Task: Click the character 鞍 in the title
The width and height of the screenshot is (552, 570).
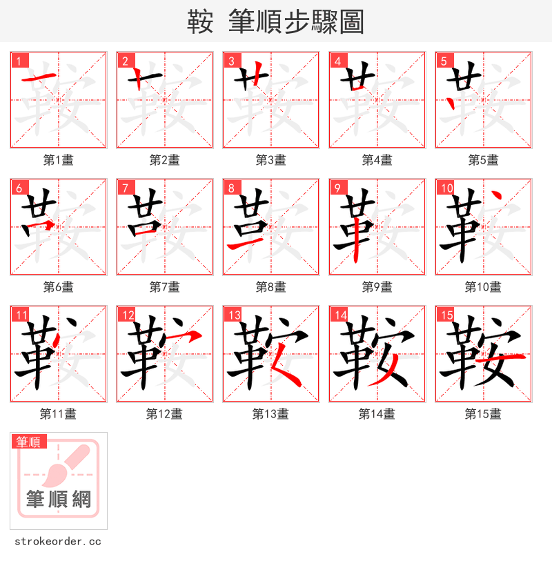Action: pos(200,22)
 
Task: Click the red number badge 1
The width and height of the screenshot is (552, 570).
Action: pos(19,61)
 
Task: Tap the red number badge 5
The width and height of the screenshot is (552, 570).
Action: pos(444,61)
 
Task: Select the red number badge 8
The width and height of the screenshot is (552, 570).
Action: pos(231,188)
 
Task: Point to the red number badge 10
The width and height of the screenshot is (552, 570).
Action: pos(446,188)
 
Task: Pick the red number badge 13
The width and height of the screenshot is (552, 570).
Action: pos(234,315)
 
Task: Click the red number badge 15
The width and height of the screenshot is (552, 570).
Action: pos(446,315)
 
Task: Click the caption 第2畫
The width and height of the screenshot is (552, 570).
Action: pos(164,160)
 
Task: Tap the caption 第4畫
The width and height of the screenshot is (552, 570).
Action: pos(377,160)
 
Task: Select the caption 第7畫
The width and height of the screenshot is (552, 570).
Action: pos(164,287)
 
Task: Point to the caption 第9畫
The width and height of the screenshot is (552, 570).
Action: pos(377,287)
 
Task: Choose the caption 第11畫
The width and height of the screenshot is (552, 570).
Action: pos(58,414)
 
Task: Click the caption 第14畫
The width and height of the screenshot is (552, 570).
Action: pos(377,414)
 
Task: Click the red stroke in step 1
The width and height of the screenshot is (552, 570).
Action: pos(39,78)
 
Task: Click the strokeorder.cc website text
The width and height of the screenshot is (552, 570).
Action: pos(58,542)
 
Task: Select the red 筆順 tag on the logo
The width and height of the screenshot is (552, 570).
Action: pos(28,442)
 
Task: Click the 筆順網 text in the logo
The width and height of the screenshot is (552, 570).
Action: pos(58,499)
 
